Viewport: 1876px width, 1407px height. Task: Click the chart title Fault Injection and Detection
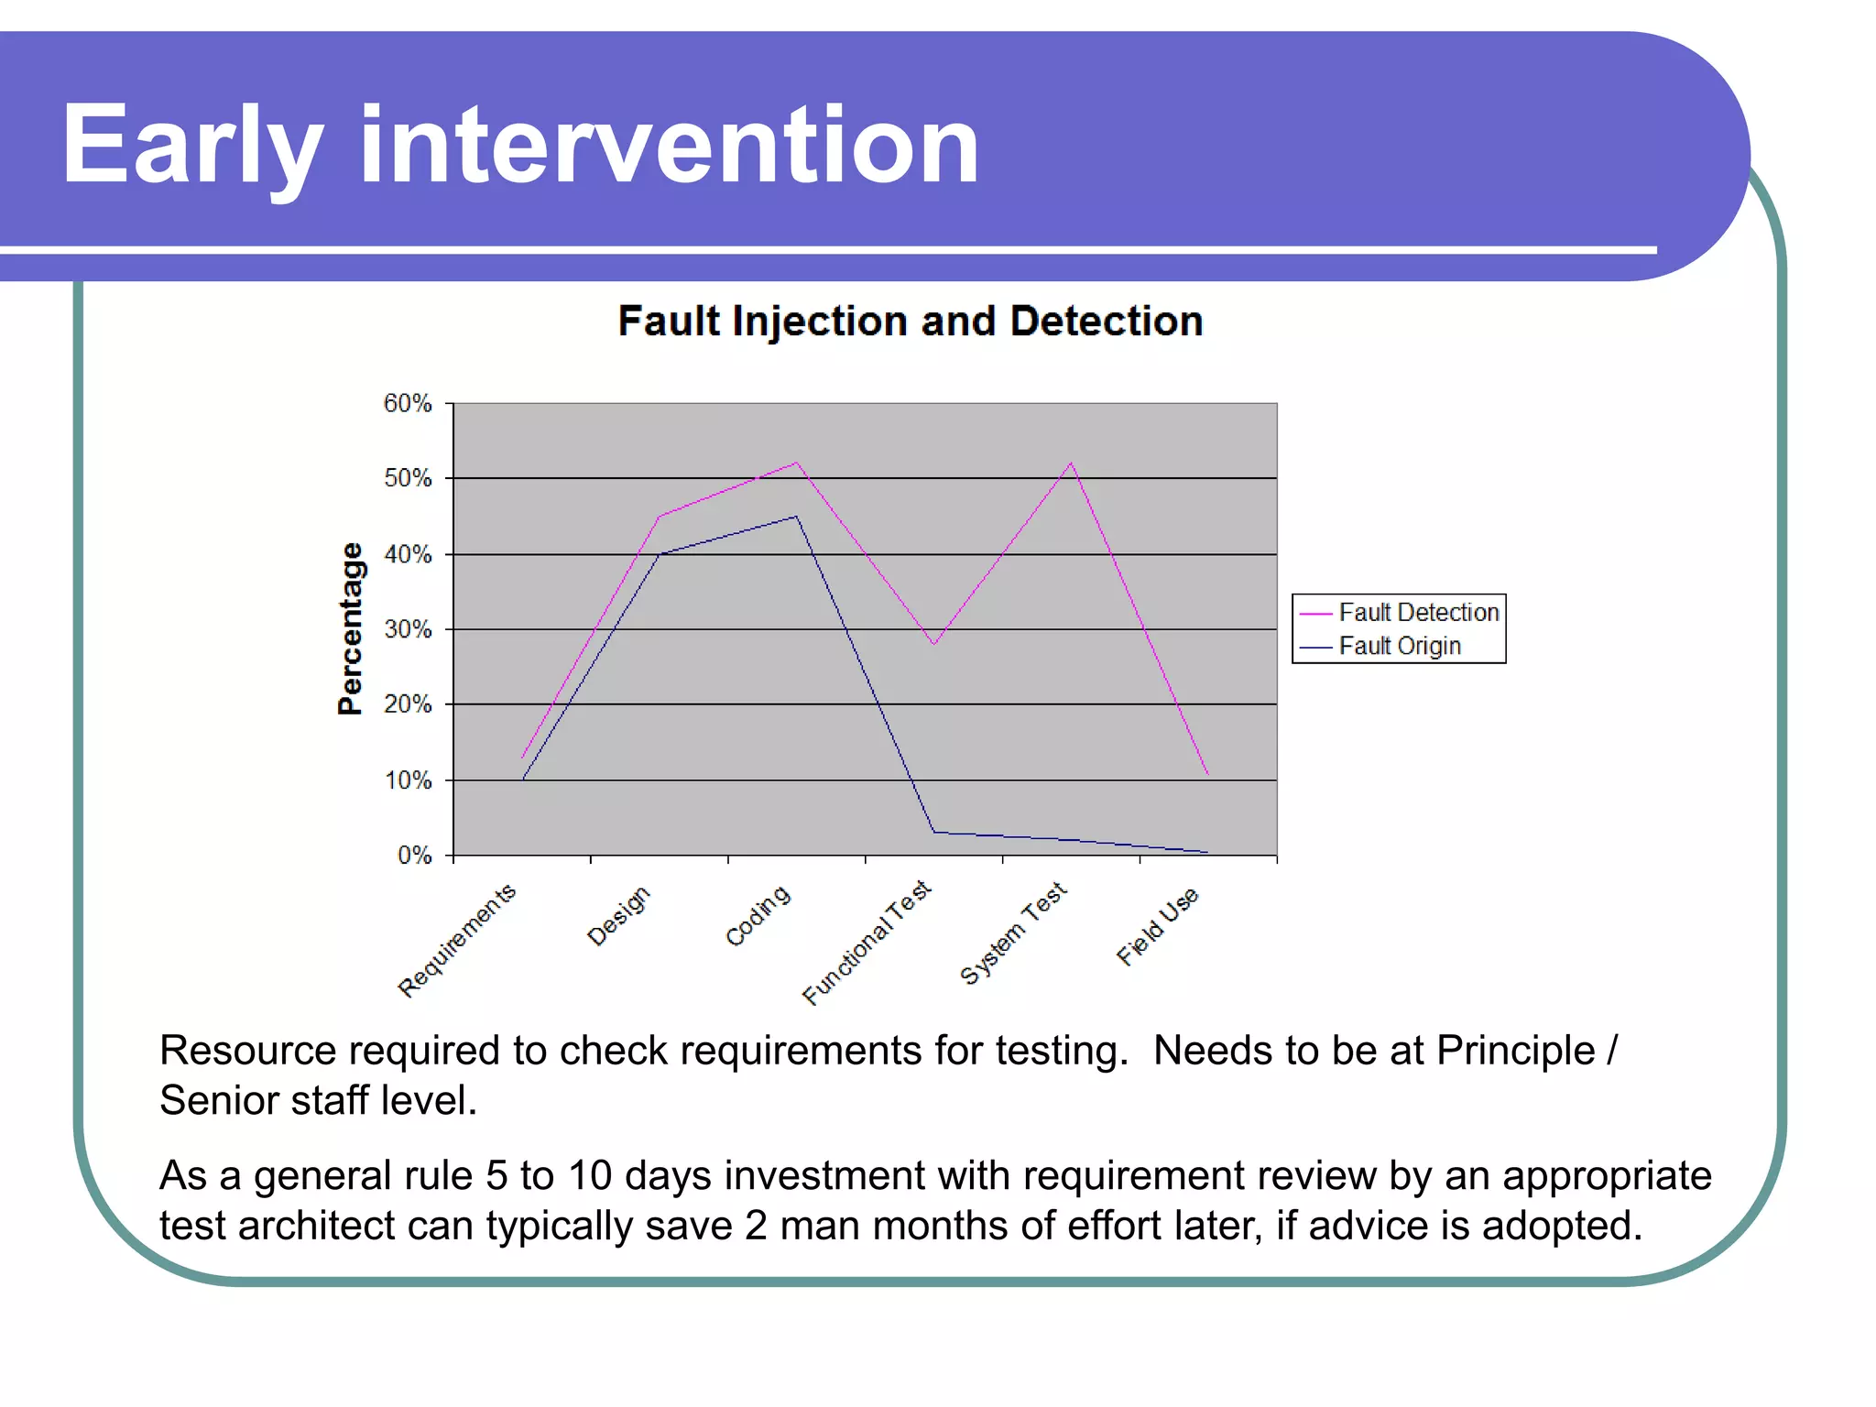[910, 322]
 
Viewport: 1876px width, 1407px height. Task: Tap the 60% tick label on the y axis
[408, 403]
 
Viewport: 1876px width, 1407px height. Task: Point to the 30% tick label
[408, 629]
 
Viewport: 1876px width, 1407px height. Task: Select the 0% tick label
[414, 856]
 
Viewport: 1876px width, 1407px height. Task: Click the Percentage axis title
[350, 628]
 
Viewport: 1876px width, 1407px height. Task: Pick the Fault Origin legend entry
[1399, 646]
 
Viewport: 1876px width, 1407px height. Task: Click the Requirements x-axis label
[457, 941]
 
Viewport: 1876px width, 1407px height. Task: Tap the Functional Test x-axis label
[867, 943]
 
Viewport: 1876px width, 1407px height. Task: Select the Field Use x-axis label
[1157, 926]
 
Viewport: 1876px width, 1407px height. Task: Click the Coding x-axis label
[758, 915]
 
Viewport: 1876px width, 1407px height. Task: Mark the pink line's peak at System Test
[1071, 464]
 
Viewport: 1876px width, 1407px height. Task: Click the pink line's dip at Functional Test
[933, 644]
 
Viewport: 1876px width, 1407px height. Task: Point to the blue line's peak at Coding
[796, 517]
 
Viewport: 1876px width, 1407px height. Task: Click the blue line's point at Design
[660, 554]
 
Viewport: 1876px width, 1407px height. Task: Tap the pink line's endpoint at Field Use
[1207, 774]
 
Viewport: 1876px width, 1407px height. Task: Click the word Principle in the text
[1515, 1051]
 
